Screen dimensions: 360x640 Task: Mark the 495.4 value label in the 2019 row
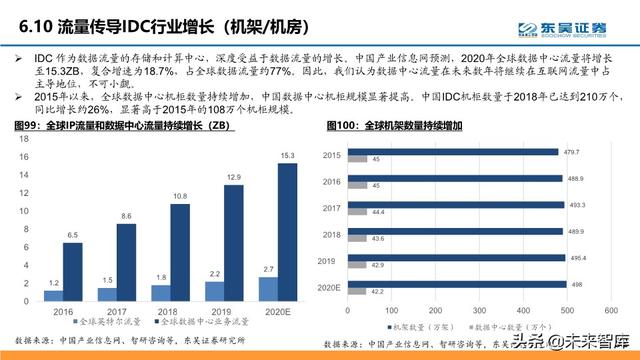pos(577,257)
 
